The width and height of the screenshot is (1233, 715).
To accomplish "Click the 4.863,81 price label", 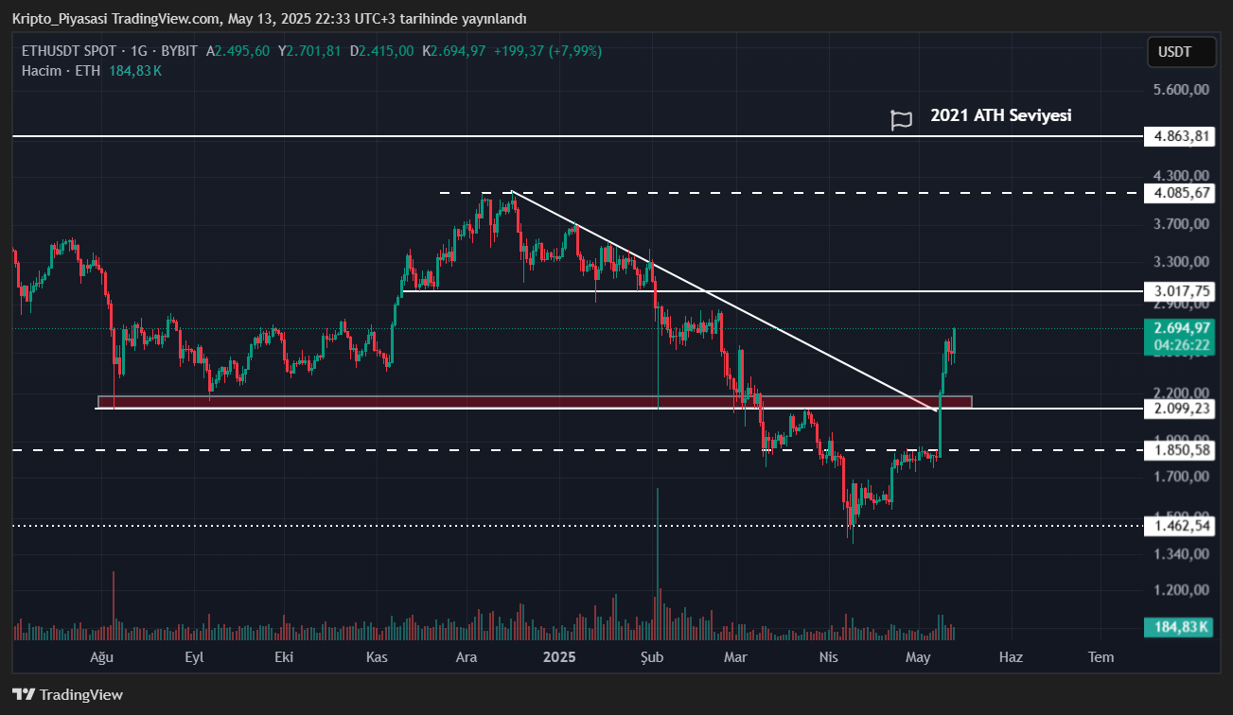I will (x=1178, y=136).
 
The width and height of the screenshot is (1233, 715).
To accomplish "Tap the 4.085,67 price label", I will (x=1178, y=193).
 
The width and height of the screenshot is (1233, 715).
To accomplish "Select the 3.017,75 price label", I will (x=1178, y=291).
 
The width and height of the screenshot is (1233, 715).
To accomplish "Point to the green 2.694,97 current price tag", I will (x=1178, y=328).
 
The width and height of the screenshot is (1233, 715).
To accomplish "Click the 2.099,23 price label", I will (x=1178, y=409).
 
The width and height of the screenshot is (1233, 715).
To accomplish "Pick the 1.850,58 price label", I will (x=1178, y=450).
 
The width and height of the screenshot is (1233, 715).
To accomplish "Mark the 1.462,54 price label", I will (x=1178, y=525).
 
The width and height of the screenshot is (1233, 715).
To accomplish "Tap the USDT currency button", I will (x=1181, y=52).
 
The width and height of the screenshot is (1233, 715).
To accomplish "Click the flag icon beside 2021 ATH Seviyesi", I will (x=902, y=120).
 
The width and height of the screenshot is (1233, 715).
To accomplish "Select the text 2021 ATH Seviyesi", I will (x=1001, y=115).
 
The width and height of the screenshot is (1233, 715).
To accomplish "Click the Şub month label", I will (x=652, y=656).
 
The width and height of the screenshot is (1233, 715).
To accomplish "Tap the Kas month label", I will (x=377, y=656).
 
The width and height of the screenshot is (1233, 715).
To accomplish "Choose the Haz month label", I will (x=1011, y=656).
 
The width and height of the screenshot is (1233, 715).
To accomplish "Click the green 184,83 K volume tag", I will (x=1178, y=627).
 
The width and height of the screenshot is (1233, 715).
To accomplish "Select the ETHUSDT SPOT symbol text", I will (x=69, y=51).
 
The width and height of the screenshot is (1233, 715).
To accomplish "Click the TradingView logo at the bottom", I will (x=67, y=694).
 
